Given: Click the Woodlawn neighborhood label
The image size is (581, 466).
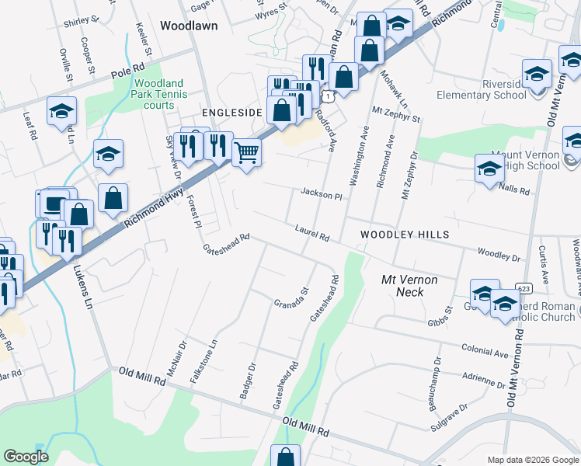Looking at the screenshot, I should [189, 26].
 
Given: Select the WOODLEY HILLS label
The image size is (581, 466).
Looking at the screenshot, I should [394, 234].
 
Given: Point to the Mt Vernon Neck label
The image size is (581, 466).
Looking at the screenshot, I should [410, 285].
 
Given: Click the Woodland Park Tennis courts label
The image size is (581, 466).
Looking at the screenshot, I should [158, 94].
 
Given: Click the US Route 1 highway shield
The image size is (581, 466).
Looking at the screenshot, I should [329, 96].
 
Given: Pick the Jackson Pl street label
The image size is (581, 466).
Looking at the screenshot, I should [322, 195].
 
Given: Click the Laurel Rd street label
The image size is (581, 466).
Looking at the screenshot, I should [312, 233].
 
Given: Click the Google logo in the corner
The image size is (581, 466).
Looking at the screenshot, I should [26, 457].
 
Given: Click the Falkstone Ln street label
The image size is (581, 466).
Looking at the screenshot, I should [203, 360].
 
